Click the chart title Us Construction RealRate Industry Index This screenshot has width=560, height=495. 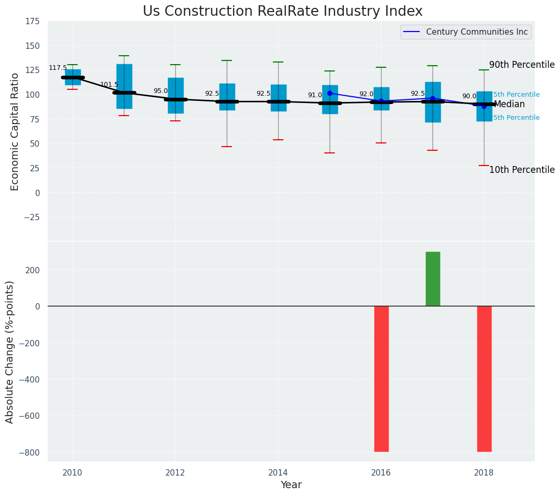click(282, 12)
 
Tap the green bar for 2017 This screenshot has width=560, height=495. click(433, 279)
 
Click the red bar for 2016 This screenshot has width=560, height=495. click(382, 378)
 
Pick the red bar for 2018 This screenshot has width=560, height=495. click(484, 378)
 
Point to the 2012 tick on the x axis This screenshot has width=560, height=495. click(175, 472)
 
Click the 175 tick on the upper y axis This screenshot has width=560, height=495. click(32, 22)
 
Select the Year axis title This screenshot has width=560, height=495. click(291, 485)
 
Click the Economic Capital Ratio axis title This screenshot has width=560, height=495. click(15, 131)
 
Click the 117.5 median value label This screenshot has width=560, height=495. click(58, 68)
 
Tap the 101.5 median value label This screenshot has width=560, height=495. click(109, 85)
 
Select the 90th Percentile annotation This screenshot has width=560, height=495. click(522, 65)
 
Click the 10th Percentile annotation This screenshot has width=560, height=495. click(522, 170)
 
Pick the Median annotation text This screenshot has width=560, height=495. click(509, 105)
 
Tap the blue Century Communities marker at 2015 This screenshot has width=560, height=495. click(330, 93)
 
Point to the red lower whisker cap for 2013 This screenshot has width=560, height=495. click(227, 147)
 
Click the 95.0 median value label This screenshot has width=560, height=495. click(161, 91)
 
